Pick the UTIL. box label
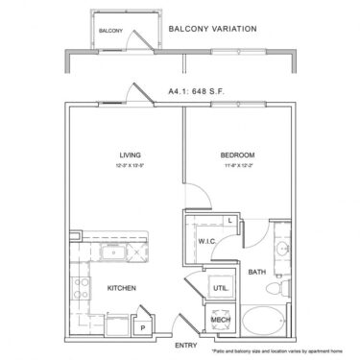[219, 286]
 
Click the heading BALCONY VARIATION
[211, 29]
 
